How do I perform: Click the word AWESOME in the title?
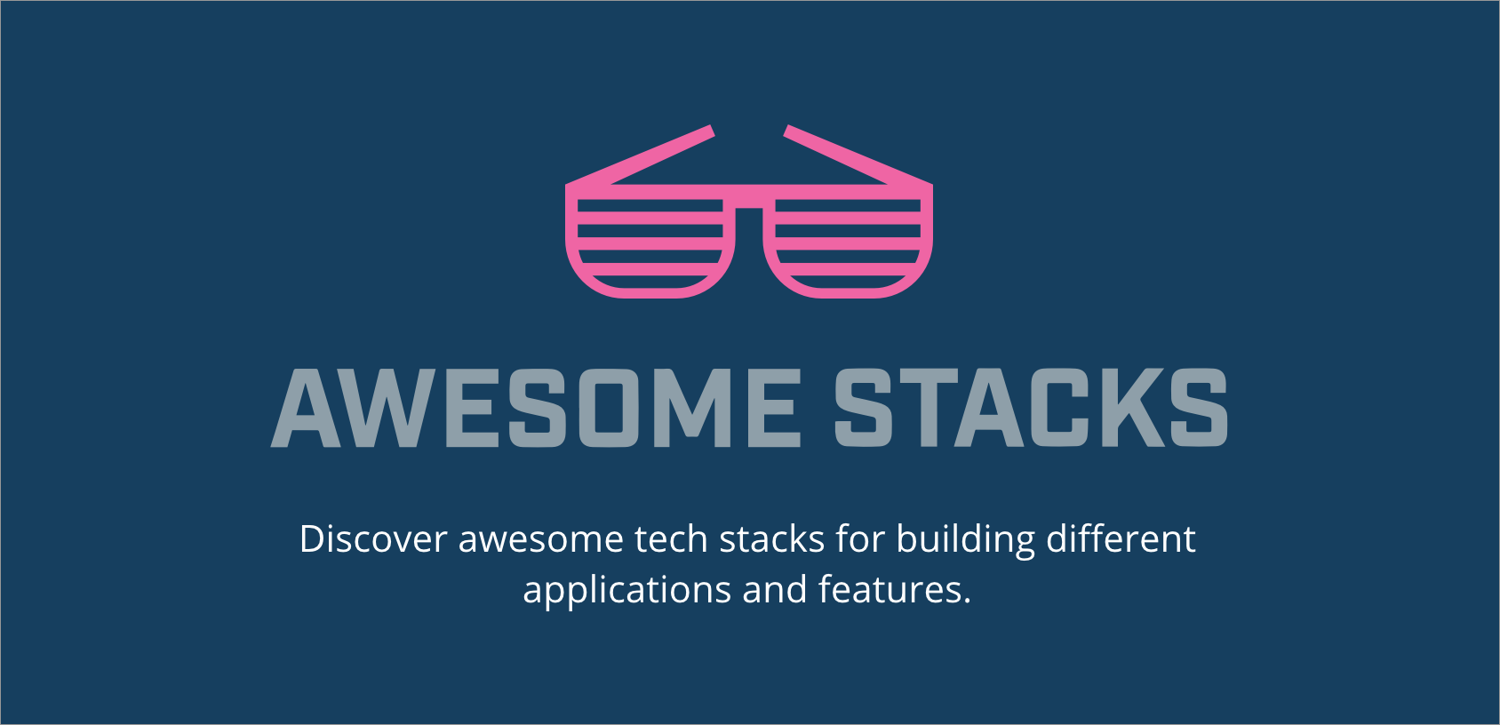536,408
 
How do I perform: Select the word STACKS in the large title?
1031,408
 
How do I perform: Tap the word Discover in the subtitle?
373,539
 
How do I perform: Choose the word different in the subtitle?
1121,539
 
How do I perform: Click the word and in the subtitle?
775,589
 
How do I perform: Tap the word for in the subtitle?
860,539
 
